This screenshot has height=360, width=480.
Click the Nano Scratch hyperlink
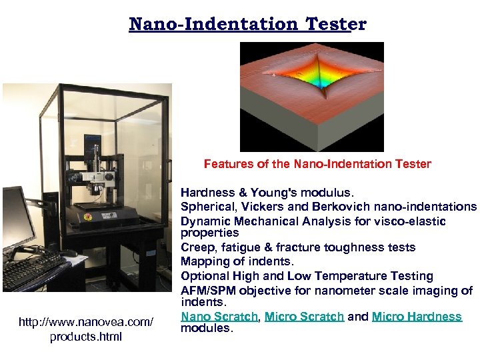[x=219, y=317]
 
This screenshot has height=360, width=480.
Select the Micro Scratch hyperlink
[x=304, y=317]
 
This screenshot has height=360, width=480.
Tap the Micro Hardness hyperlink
[x=417, y=317]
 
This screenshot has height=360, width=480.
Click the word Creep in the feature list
[x=197, y=247]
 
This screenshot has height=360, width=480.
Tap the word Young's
[x=273, y=193]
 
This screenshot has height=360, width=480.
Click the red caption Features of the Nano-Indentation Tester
[x=317, y=164]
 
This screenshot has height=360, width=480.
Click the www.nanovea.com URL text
[x=86, y=323]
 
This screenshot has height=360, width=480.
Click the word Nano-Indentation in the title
[x=214, y=25]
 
